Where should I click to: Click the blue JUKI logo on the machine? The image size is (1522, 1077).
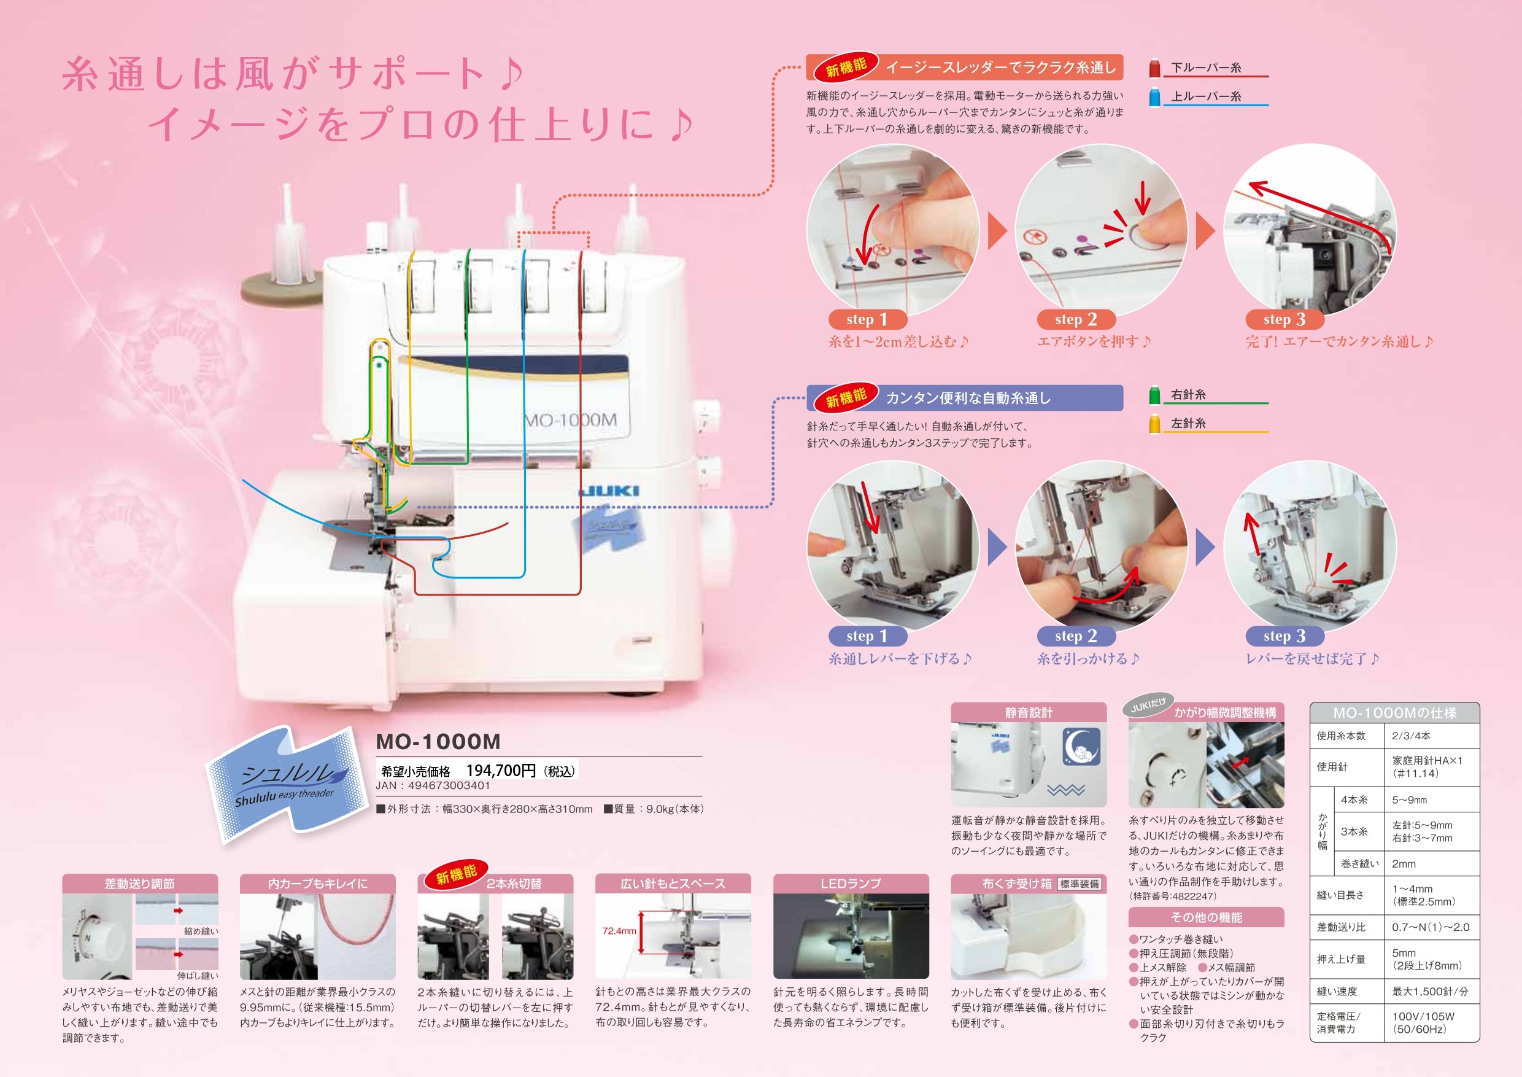point(609,491)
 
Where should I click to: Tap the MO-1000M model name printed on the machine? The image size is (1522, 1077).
point(570,420)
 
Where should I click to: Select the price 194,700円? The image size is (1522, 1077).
point(501,771)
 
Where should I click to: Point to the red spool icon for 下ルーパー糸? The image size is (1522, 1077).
point(1154,68)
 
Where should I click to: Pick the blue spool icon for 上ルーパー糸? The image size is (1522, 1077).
point(1154,97)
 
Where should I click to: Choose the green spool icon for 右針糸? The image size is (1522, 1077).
point(1154,395)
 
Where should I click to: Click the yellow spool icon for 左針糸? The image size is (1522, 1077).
point(1154,424)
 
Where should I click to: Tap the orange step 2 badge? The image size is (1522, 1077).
point(1076,320)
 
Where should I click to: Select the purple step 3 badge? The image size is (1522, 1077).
point(1284,637)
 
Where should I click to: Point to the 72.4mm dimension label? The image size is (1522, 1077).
point(619,931)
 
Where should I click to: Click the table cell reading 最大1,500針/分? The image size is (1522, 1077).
point(1430,992)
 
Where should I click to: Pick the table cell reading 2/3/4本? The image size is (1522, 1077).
point(1412,736)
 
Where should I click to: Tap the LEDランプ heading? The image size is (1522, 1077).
point(851,884)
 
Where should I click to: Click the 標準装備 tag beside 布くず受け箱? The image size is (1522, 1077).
point(1079,884)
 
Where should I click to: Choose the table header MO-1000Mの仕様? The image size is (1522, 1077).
point(1395,713)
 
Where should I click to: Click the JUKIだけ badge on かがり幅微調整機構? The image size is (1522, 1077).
point(1148,705)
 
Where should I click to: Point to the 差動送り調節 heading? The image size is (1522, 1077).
point(140,884)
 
